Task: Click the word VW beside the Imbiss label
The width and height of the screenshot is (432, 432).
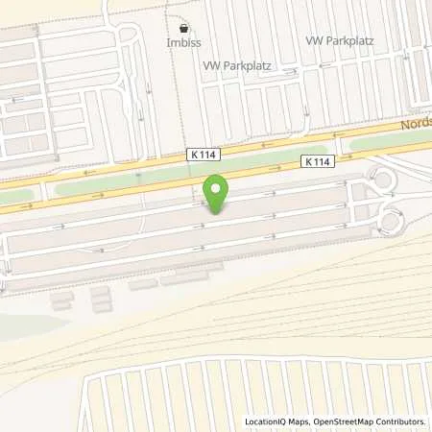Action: [x=210, y=65]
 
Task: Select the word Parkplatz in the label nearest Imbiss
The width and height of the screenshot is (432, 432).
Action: [x=245, y=65]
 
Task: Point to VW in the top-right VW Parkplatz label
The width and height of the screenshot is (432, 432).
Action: [x=313, y=41]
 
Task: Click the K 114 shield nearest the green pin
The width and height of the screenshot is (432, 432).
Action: [x=202, y=155]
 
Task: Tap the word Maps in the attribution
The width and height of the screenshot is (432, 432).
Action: [x=305, y=421]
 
